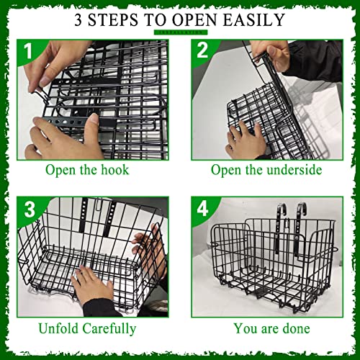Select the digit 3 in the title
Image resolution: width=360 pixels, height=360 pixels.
[x=80, y=19]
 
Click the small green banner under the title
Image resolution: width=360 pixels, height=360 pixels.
[x=180, y=32]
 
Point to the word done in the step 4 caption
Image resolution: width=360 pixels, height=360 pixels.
[x=295, y=329]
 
